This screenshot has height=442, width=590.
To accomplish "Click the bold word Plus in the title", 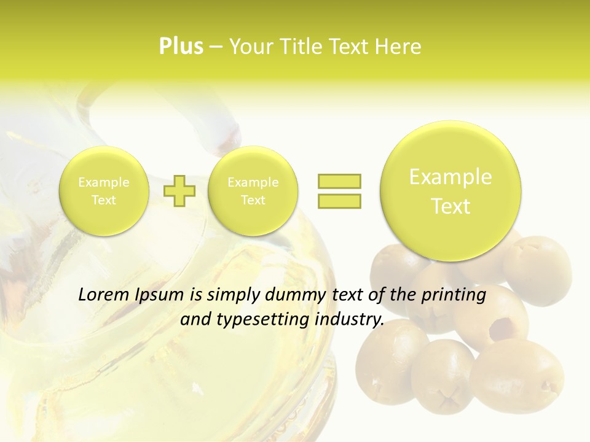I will (x=181, y=47).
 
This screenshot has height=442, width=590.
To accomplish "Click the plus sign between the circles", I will (x=179, y=190).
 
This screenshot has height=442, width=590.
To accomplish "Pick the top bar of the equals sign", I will (x=339, y=181).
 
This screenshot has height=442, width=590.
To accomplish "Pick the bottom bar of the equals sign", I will (x=339, y=201).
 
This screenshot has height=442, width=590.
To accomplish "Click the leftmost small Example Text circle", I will (x=103, y=191).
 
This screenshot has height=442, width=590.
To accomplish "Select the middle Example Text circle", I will (x=253, y=191).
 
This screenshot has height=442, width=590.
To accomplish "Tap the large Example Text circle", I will (x=450, y=191).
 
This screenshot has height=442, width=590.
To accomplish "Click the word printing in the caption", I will (x=454, y=295).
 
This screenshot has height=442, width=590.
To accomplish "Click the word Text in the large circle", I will (x=450, y=206).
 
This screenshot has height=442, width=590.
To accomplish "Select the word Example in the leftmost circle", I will (x=103, y=182).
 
